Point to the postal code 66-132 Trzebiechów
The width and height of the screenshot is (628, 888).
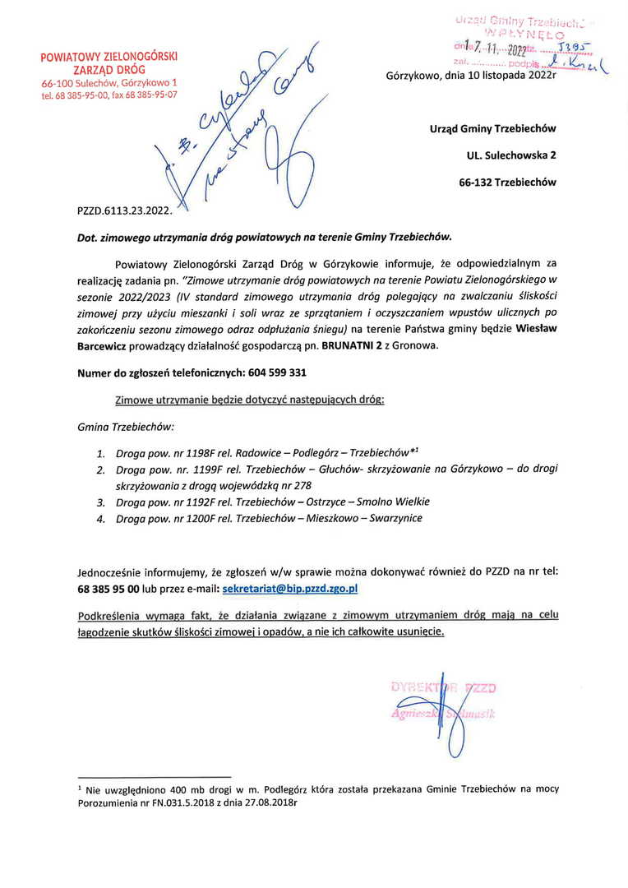(x=508, y=182)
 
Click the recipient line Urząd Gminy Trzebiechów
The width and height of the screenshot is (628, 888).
(x=492, y=129)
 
